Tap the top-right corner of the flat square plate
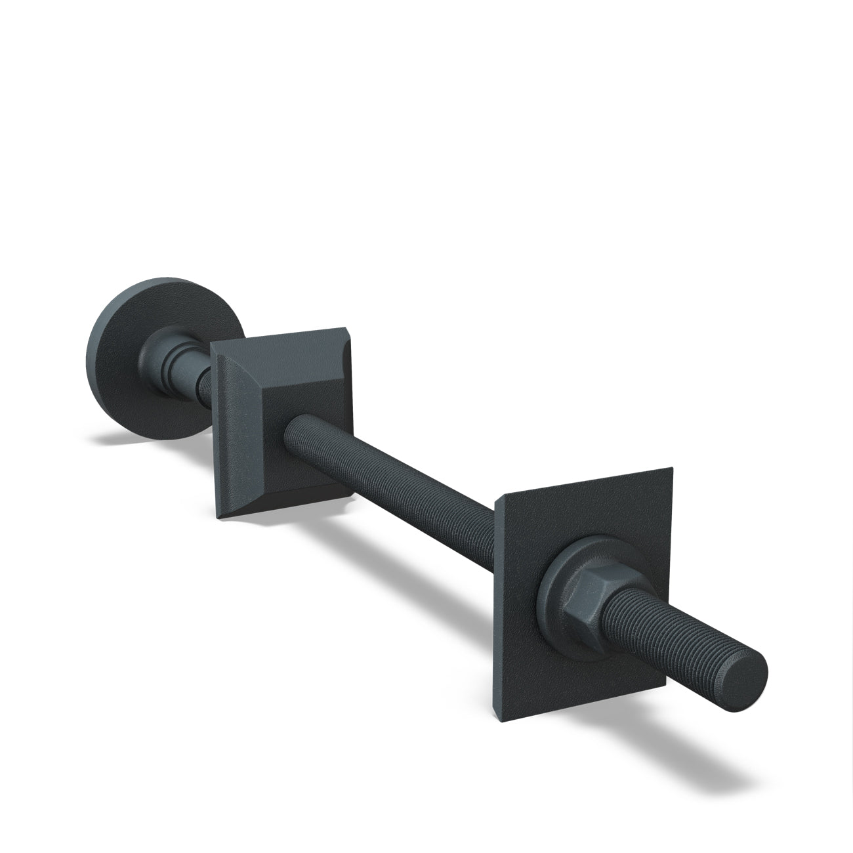pos(672,468)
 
